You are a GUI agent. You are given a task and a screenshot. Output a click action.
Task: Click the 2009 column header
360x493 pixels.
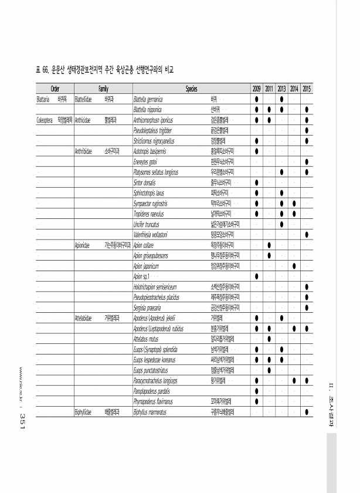click(x=257, y=89)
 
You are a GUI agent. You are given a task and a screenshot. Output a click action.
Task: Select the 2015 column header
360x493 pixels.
click(x=307, y=89)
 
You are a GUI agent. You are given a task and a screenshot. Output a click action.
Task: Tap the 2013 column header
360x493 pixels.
click(x=281, y=89)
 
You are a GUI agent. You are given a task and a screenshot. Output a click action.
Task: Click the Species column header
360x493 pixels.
click(x=191, y=89)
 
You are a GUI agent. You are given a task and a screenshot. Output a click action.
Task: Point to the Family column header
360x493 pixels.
click(x=103, y=89)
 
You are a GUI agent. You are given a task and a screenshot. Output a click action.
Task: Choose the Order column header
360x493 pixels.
click(x=55, y=89)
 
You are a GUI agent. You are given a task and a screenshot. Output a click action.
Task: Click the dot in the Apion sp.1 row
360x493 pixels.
click(x=257, y=276)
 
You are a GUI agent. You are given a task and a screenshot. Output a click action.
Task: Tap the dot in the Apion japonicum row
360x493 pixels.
click(x=294, y=266)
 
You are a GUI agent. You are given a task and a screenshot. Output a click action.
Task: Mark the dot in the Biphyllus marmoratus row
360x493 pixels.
click(x=307, y=412)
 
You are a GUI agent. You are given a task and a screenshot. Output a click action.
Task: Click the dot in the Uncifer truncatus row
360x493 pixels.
click(x=282, y=224)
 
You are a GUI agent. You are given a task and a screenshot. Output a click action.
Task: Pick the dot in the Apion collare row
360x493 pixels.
click(x=269, y=245)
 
